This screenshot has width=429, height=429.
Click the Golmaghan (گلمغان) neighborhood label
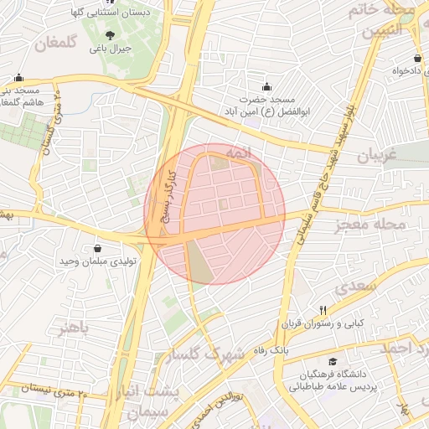pyautogui.click(x=59, y=42)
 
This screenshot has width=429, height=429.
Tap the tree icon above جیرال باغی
pyautogui.click(x=111, y=35)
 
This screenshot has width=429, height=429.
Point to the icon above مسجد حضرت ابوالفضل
pyautogui.click(x=266, y=86)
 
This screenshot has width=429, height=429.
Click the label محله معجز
pyautogui.click(x=370, y=225)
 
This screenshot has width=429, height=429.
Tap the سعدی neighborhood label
pyautogui.click(x=358, y=285)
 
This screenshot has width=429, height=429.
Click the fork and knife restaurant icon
pyautogui.click(x=323, y=310)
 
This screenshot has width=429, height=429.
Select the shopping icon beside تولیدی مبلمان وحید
pyautogui.click(x=99, y=248)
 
